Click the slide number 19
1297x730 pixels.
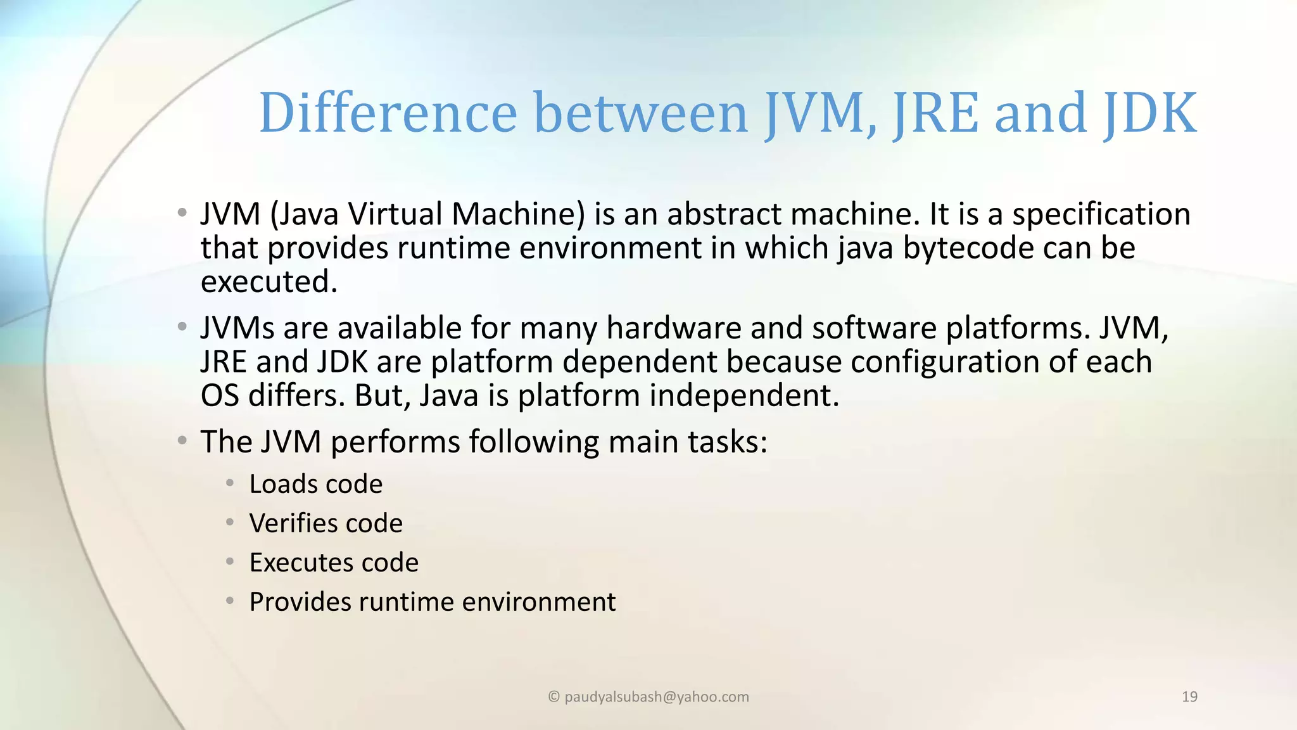pyautogui.click(x=1189, y=697)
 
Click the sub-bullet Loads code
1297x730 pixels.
pyautogui.click(x=315, y=484)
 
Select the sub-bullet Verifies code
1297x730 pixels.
pyautogui.click(x=326, y=523)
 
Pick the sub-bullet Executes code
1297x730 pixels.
pyautogui.click(x=334, y=563)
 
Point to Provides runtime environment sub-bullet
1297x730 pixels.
pyautogui.click(x=432, y=602)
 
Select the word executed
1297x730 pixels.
pyautogui.click(x=269, y=282)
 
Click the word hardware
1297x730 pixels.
pyautogui.click(x=674, y=328)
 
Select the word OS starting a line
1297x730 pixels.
pyautogui.click(x=219, y=396)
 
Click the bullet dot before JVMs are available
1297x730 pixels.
pyautogui.click(x=182, y=327)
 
